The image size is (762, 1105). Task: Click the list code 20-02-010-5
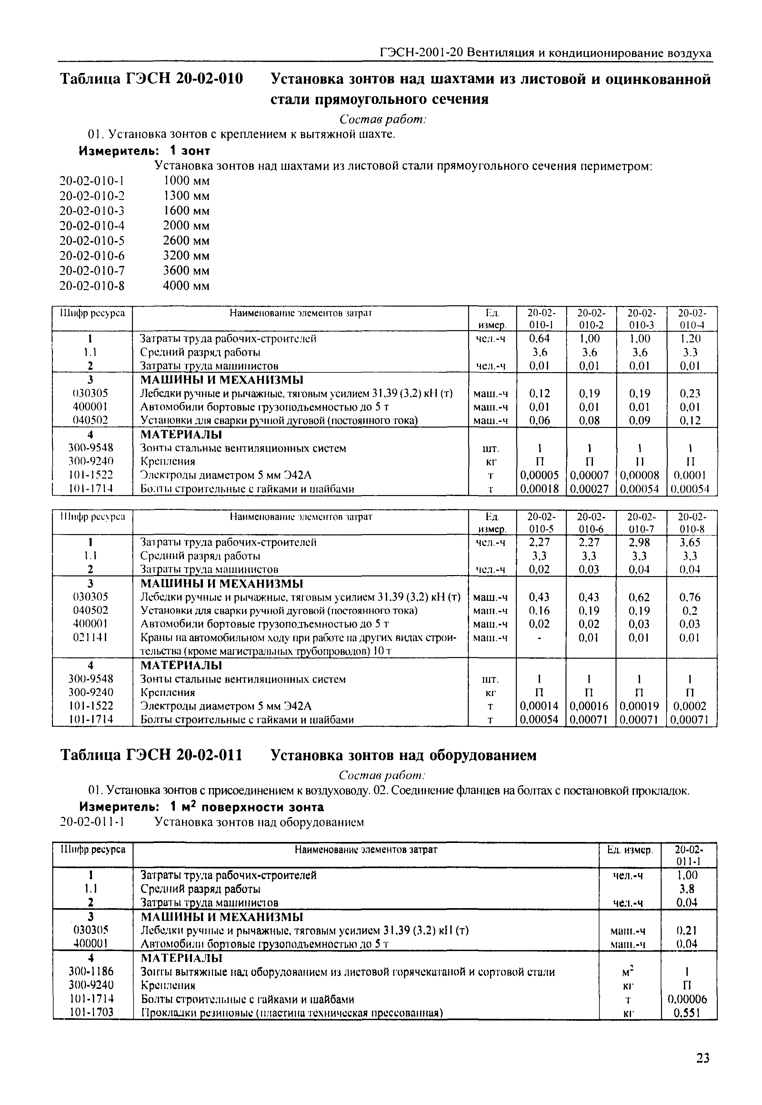(x=92, y=240)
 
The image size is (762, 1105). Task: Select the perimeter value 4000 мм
(x=186, y=286)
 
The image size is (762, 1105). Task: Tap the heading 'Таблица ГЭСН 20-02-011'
(x=151, y=755)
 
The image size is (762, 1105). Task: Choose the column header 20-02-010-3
(x=641, y=319)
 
